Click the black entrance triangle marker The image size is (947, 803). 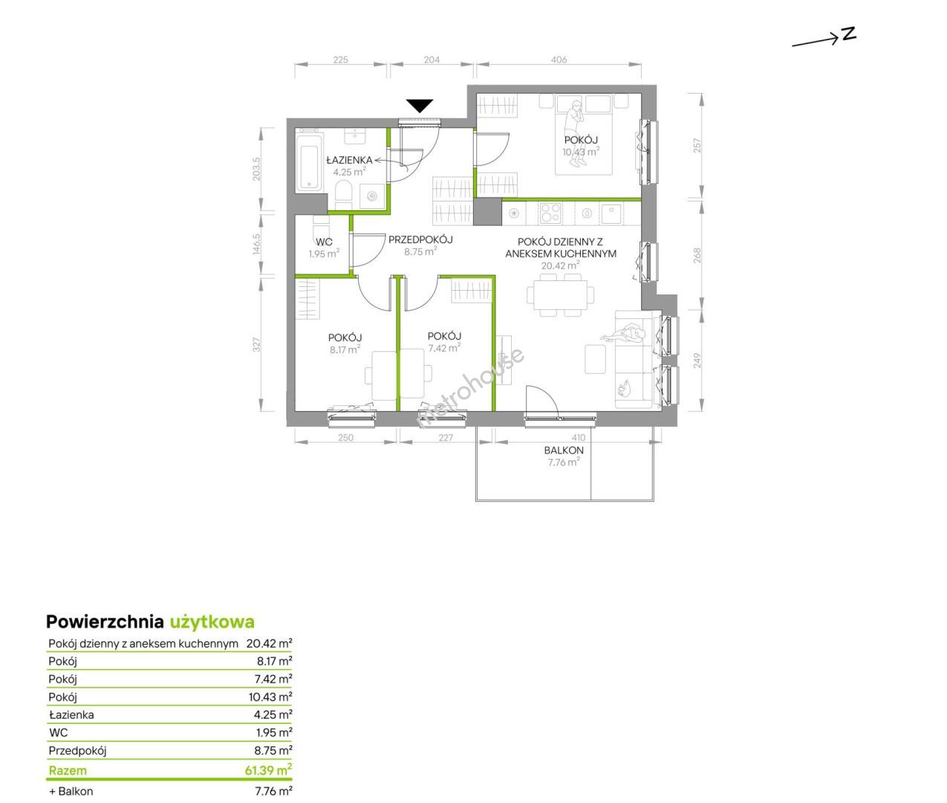[420, 106]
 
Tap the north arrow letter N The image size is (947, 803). [848, 34]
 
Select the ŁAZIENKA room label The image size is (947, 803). [349, 161]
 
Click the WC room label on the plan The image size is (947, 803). [324, 242]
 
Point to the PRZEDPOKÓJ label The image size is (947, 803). [420, 239]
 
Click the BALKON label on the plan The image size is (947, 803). [564, 451]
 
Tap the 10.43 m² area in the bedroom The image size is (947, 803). [581, 152]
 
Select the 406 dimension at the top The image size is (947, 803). [559, 59]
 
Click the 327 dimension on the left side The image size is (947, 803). [256, 345]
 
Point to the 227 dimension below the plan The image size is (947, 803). [446, 437]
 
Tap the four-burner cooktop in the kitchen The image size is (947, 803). [550, 213]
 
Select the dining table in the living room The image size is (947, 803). [560, 295]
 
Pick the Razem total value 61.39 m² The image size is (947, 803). [268, 770]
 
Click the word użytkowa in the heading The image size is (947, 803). [212, 622]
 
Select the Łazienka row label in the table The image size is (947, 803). [71, 715]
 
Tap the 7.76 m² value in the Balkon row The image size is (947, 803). [273, 791]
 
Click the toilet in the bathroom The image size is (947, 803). [342, 195]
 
